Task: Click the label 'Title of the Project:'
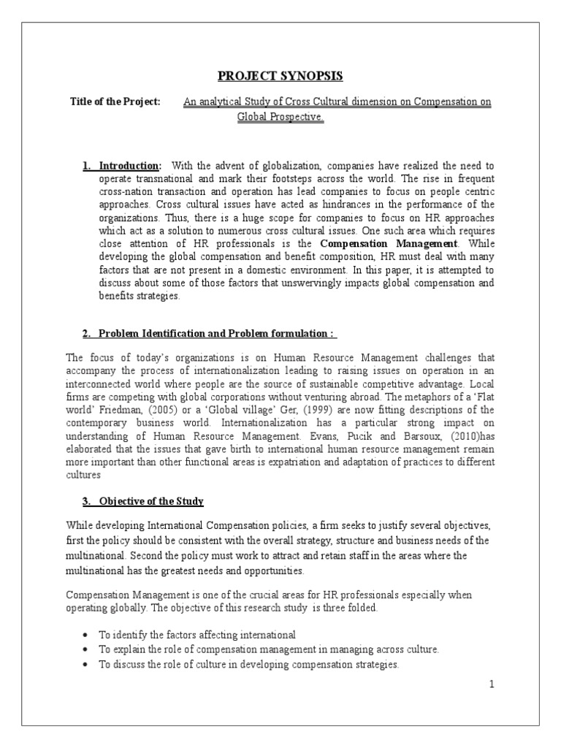(115, 102)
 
